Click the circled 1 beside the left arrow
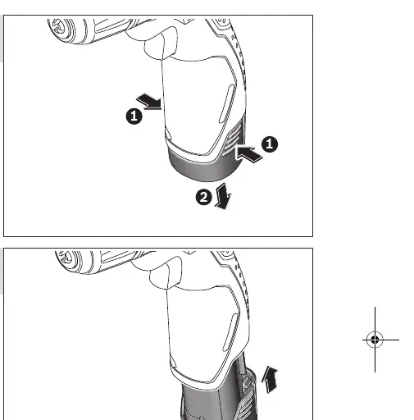point(134,116)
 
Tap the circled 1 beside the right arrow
point(270,144)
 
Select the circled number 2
point(204,197)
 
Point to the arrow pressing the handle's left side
point(149,102)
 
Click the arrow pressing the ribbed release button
point(248,154)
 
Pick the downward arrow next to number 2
point(223,196)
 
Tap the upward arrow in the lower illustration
point(270,380)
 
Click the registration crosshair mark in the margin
point(375,340)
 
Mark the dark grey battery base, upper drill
point(204,166)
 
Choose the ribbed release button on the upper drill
point(233,138)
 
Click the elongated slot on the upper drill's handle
point(227,103)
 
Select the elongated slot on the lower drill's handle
point(231,332)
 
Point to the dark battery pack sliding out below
point(219,401)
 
